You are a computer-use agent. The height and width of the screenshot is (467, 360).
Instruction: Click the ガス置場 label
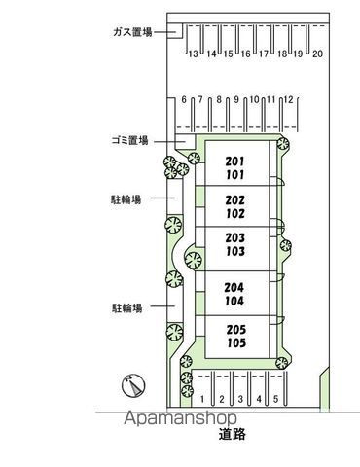(132, 32)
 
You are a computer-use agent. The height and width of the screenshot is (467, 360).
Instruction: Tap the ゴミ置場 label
(130, 141)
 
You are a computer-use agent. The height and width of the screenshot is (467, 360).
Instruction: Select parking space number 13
(193, 54)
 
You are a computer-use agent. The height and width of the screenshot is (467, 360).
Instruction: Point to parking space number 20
(318, 54)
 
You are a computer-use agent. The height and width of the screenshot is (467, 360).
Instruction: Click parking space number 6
(184, 99)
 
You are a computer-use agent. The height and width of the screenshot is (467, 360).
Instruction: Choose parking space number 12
(288, 99)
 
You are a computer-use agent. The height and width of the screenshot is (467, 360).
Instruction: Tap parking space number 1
(202, 399)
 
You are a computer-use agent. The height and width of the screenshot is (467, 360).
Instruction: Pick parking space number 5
(275, 399)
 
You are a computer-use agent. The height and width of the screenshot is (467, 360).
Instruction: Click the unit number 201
(235, 162)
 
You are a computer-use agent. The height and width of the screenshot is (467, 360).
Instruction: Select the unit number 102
(235, 213)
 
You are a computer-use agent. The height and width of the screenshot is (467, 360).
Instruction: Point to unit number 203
(235, 237)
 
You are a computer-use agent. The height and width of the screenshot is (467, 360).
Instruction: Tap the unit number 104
(234, 301)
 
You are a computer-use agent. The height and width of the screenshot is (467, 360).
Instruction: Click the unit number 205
(236, 330)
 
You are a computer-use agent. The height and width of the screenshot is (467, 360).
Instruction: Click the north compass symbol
(133, 385)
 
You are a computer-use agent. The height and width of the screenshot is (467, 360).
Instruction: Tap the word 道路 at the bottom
(232, 434)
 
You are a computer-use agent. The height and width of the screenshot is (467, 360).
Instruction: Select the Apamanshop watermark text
(181, 418)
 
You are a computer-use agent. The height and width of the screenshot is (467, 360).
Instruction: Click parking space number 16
(246, 54)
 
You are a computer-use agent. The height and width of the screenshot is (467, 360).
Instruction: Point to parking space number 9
(236, 99)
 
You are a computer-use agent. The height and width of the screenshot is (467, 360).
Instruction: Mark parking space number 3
(240, 399)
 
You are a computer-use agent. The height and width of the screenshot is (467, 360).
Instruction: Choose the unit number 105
(236, 342)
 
